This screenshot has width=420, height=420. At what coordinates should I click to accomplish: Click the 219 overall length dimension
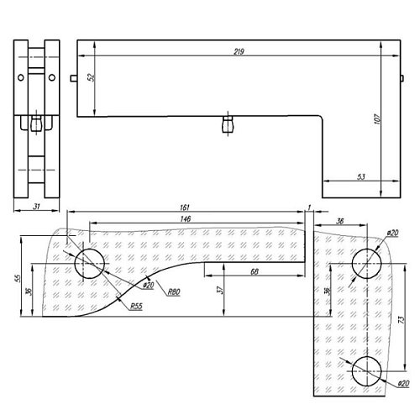coord(239,52)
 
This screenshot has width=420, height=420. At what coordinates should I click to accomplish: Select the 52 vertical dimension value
coord(91,77)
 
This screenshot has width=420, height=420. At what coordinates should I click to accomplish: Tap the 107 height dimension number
coord(377,119)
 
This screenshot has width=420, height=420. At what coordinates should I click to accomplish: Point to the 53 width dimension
coord(361,176)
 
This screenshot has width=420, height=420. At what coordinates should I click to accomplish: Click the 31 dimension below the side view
coord(37,207)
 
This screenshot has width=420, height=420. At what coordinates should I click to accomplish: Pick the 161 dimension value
coord(185,207)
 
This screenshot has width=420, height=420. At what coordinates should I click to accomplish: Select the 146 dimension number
coord(186,218)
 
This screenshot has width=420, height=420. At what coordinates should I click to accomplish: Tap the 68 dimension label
coord(255,271)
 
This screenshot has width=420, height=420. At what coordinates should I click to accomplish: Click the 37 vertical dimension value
coord(221,289)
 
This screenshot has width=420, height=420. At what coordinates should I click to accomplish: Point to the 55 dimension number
coord(18,278)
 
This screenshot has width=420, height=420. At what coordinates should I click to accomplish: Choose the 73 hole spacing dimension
coord(401,320)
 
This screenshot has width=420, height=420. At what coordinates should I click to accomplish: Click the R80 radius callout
coord(174,291)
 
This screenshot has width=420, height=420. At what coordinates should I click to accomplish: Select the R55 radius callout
coord(136,306)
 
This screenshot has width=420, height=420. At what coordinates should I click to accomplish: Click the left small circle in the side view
coord(21,77)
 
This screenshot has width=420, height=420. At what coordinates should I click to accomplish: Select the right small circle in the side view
coord(52,77)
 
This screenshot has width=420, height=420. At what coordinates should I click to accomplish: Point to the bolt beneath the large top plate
coord(228,124)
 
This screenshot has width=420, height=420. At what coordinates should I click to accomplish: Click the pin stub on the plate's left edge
coord(74,78)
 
